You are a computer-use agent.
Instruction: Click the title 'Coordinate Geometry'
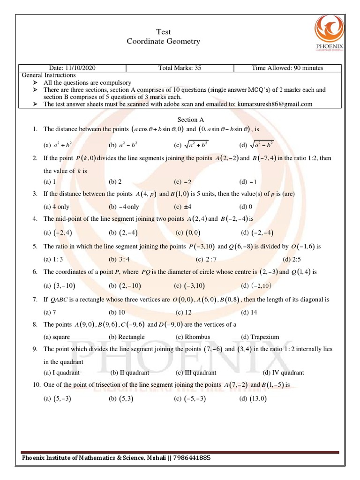pos(163,41)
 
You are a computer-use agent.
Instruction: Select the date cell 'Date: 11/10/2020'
pos(72,68)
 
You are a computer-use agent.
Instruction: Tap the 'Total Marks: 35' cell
pos(180,68)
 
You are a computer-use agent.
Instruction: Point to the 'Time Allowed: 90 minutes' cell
pos(287,68)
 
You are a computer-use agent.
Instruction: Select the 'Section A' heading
pos(190,120)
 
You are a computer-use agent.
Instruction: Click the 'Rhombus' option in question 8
pos(193,337)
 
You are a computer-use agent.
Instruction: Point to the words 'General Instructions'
pos(49,75)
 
